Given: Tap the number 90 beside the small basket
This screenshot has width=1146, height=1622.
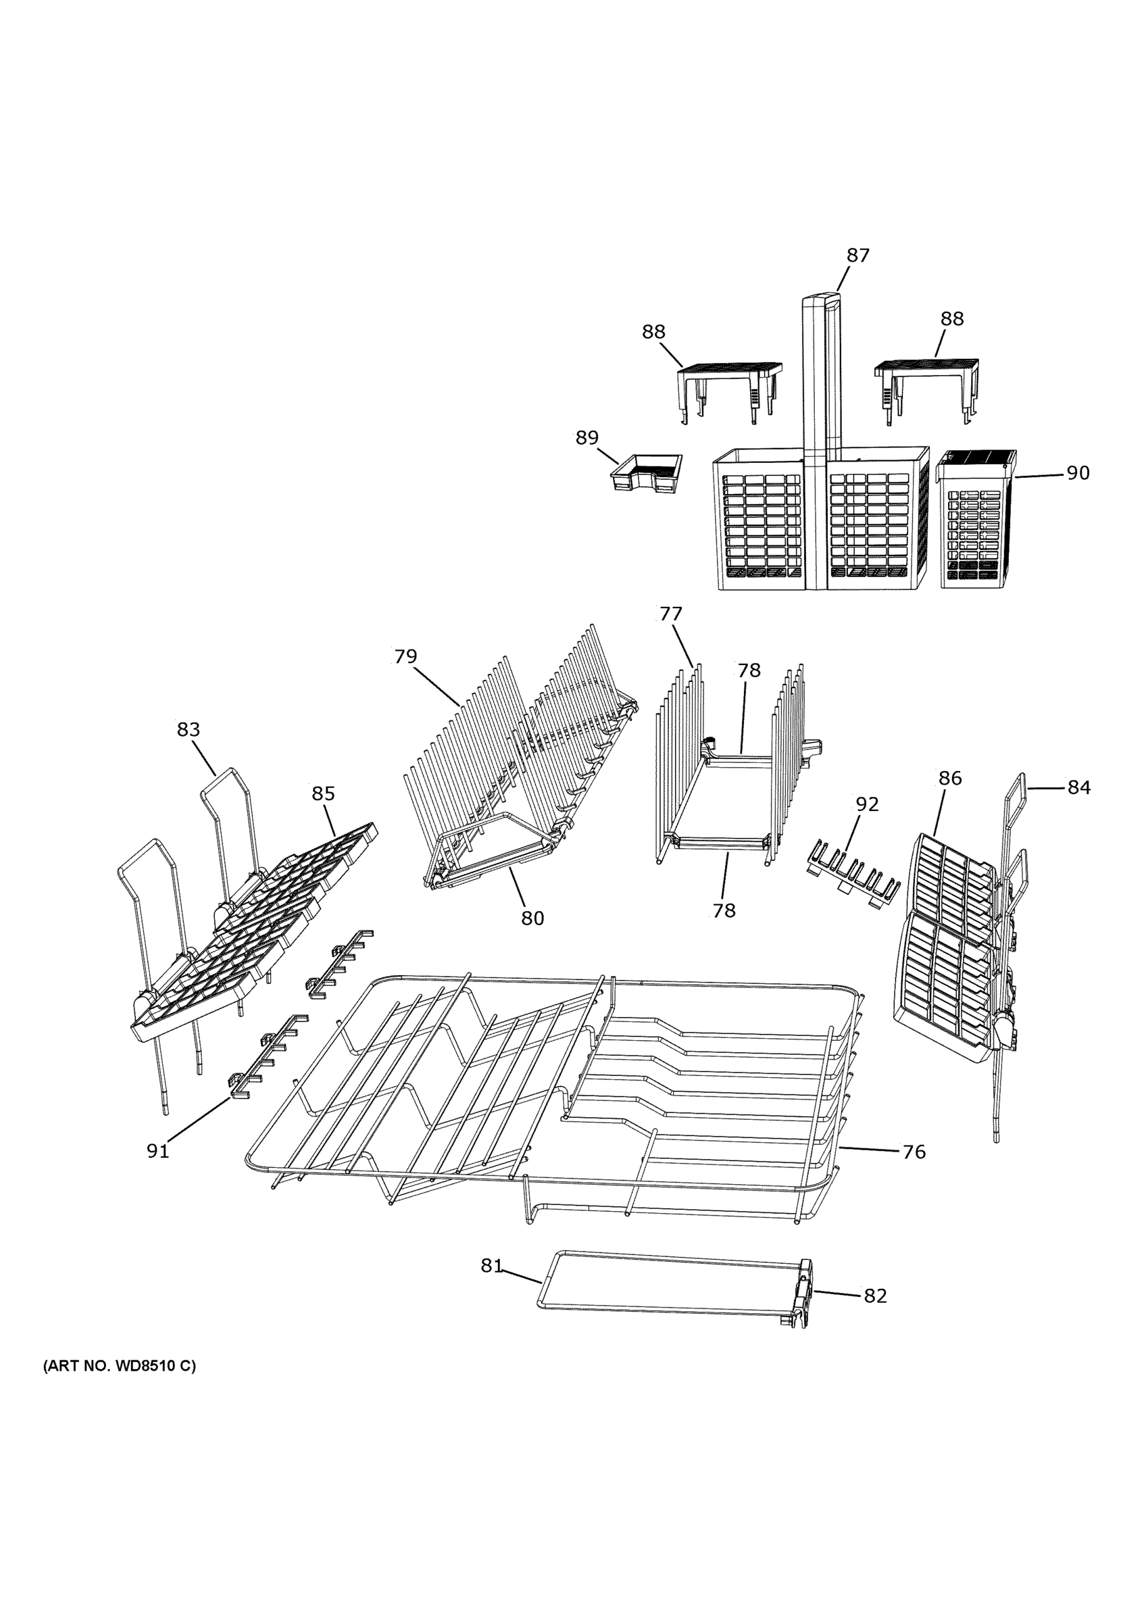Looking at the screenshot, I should coord(1078,473).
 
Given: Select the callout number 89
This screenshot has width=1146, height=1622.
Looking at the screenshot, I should coord(587,438).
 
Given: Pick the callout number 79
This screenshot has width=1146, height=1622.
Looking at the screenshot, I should coord(405,656).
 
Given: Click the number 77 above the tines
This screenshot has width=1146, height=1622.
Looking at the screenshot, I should coord(671,613).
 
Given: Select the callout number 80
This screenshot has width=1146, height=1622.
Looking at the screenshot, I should coord(532,918).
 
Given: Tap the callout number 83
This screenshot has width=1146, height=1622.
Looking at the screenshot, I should coord(189,729).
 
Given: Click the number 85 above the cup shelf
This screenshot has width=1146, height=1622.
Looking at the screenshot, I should coord(324,793).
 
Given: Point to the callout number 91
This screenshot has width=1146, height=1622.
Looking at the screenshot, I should coord(157,1152).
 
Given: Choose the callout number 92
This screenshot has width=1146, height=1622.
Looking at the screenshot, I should coord(867,804).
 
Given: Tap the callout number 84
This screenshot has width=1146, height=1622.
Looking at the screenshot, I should coord(1078,787).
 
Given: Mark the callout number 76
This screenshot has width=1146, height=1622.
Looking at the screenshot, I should coord(914,1152).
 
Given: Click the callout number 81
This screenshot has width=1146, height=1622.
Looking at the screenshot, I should coord(491,1266).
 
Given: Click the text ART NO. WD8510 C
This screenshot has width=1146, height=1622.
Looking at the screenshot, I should coord(120,1385).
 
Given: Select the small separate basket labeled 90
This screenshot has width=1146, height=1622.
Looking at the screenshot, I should coord(978,519).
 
